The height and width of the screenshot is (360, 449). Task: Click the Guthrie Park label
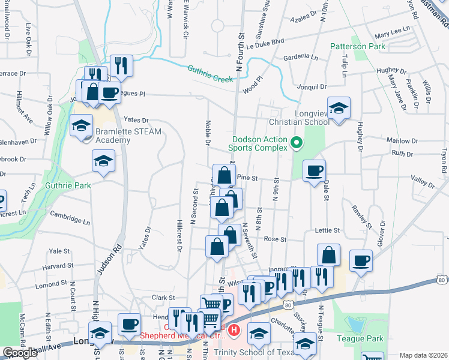[x=68, y=185]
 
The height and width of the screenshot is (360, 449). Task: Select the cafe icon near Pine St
[x=314, y=171]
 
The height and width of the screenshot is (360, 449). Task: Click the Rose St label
[x=276, y=239]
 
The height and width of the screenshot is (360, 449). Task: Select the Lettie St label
[x=327, y=230]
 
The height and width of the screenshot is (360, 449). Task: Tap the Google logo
[x=20, y=353]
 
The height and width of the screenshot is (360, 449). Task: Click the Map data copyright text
[x=423, y=355]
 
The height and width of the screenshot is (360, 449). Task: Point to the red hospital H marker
[x=234, y=330]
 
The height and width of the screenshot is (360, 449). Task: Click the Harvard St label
[x=58, y=265]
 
